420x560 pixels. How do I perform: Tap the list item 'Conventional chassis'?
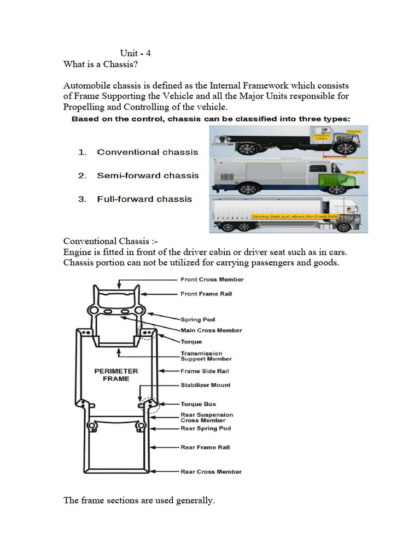(x=147, y=152)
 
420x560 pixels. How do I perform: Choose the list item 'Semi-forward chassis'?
(x=148, y=176)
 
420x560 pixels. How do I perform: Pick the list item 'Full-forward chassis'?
(x=144, y=199)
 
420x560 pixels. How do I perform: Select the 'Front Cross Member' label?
(x=212, y=279)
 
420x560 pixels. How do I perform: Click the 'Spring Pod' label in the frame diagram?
(x=197, y=319)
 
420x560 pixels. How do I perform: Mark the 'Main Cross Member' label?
(x=211, y=330)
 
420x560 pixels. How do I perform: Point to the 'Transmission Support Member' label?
(x=206, y=357)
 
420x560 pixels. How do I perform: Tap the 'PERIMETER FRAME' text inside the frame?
(x=116, y=375)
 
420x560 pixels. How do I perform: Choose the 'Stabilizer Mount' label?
(x=206, y=385)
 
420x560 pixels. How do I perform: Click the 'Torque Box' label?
(x=198, y=404)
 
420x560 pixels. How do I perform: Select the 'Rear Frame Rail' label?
(x=205, y=447)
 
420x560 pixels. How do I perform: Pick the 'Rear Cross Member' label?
(x=211, y=471)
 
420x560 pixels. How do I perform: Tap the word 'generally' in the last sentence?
(x=196, y=500)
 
